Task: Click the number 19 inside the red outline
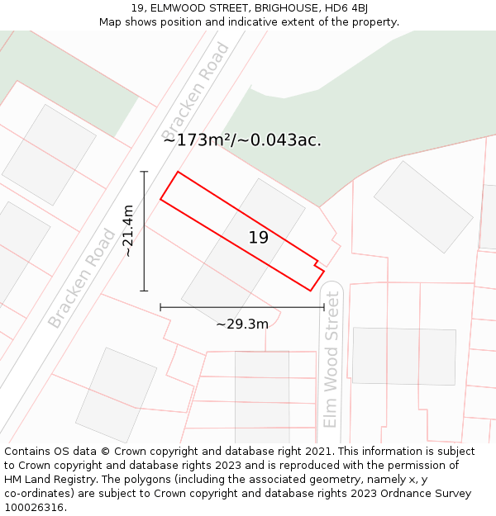259,238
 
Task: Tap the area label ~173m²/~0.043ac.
242,140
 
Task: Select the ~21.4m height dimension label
128,231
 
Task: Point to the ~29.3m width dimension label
242,324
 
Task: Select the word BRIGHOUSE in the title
279,8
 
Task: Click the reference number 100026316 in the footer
35,508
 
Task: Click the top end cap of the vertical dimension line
144,172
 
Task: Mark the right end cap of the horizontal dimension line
324,308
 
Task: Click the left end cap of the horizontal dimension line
160,308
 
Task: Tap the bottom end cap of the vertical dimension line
144,291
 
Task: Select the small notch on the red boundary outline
317,265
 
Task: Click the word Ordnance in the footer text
415,494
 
